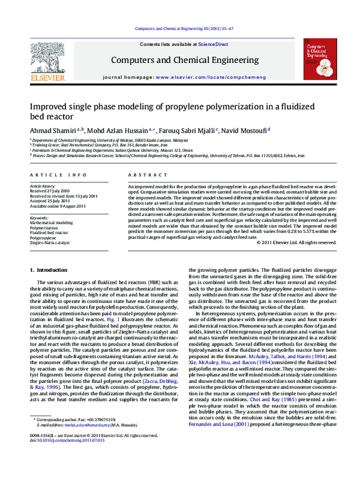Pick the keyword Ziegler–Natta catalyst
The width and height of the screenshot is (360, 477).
click(50, 243)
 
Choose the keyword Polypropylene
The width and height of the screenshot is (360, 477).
click(44, 238)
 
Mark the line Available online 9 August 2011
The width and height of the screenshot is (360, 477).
click(58, 205)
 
